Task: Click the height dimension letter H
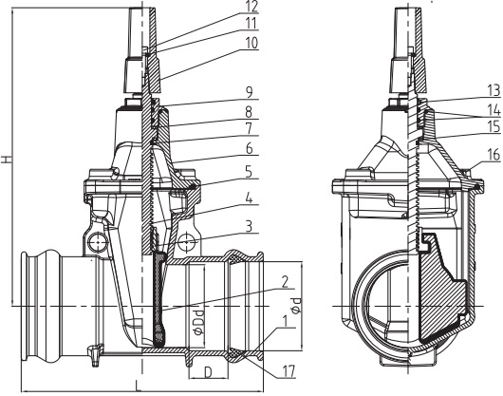point(8,161)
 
